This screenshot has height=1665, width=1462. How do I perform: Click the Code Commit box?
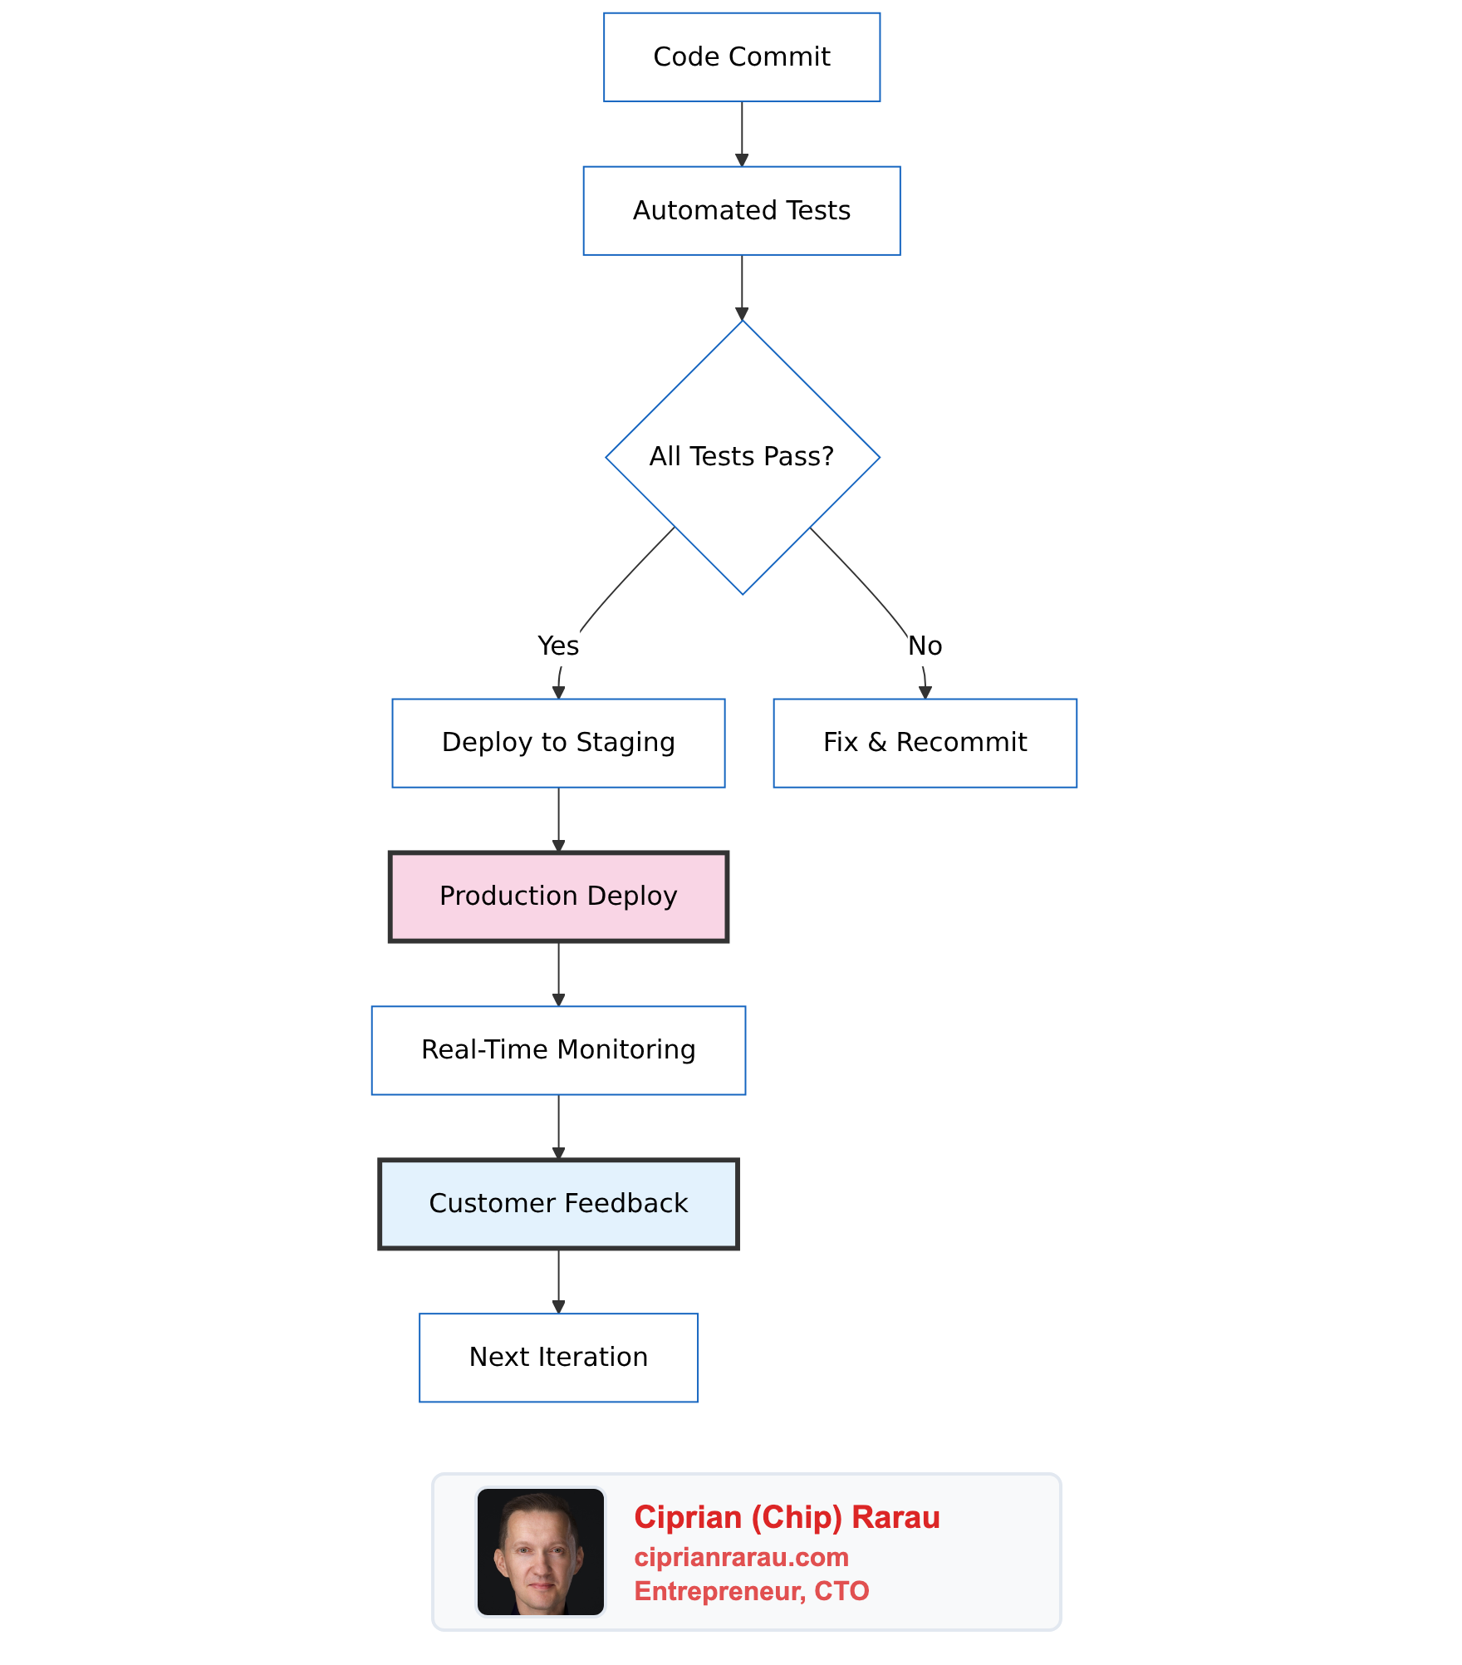741,57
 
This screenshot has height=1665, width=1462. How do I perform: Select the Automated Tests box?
741,211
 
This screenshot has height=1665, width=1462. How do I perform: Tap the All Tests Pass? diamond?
742,457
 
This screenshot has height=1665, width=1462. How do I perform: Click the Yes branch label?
557,646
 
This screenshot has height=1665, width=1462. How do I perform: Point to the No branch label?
925,646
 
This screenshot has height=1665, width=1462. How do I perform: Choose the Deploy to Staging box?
558,743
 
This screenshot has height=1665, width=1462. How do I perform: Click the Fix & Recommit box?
925,743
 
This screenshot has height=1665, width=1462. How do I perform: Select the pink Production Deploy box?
558,896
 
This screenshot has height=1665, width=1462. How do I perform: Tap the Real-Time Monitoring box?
558,1050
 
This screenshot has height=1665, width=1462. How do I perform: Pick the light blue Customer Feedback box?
558,1204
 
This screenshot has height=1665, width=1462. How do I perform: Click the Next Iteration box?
558,1358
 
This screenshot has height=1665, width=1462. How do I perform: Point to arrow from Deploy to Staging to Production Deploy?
558,818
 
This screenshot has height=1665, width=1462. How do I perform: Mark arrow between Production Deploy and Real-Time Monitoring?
558,971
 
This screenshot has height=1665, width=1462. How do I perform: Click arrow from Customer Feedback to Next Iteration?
558,1279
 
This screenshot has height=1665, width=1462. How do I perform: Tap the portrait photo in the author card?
540,1552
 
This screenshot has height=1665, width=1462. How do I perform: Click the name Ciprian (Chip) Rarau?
787,1517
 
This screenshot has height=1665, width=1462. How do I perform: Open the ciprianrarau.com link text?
741,1557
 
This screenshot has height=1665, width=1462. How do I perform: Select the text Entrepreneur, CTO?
751,1591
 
